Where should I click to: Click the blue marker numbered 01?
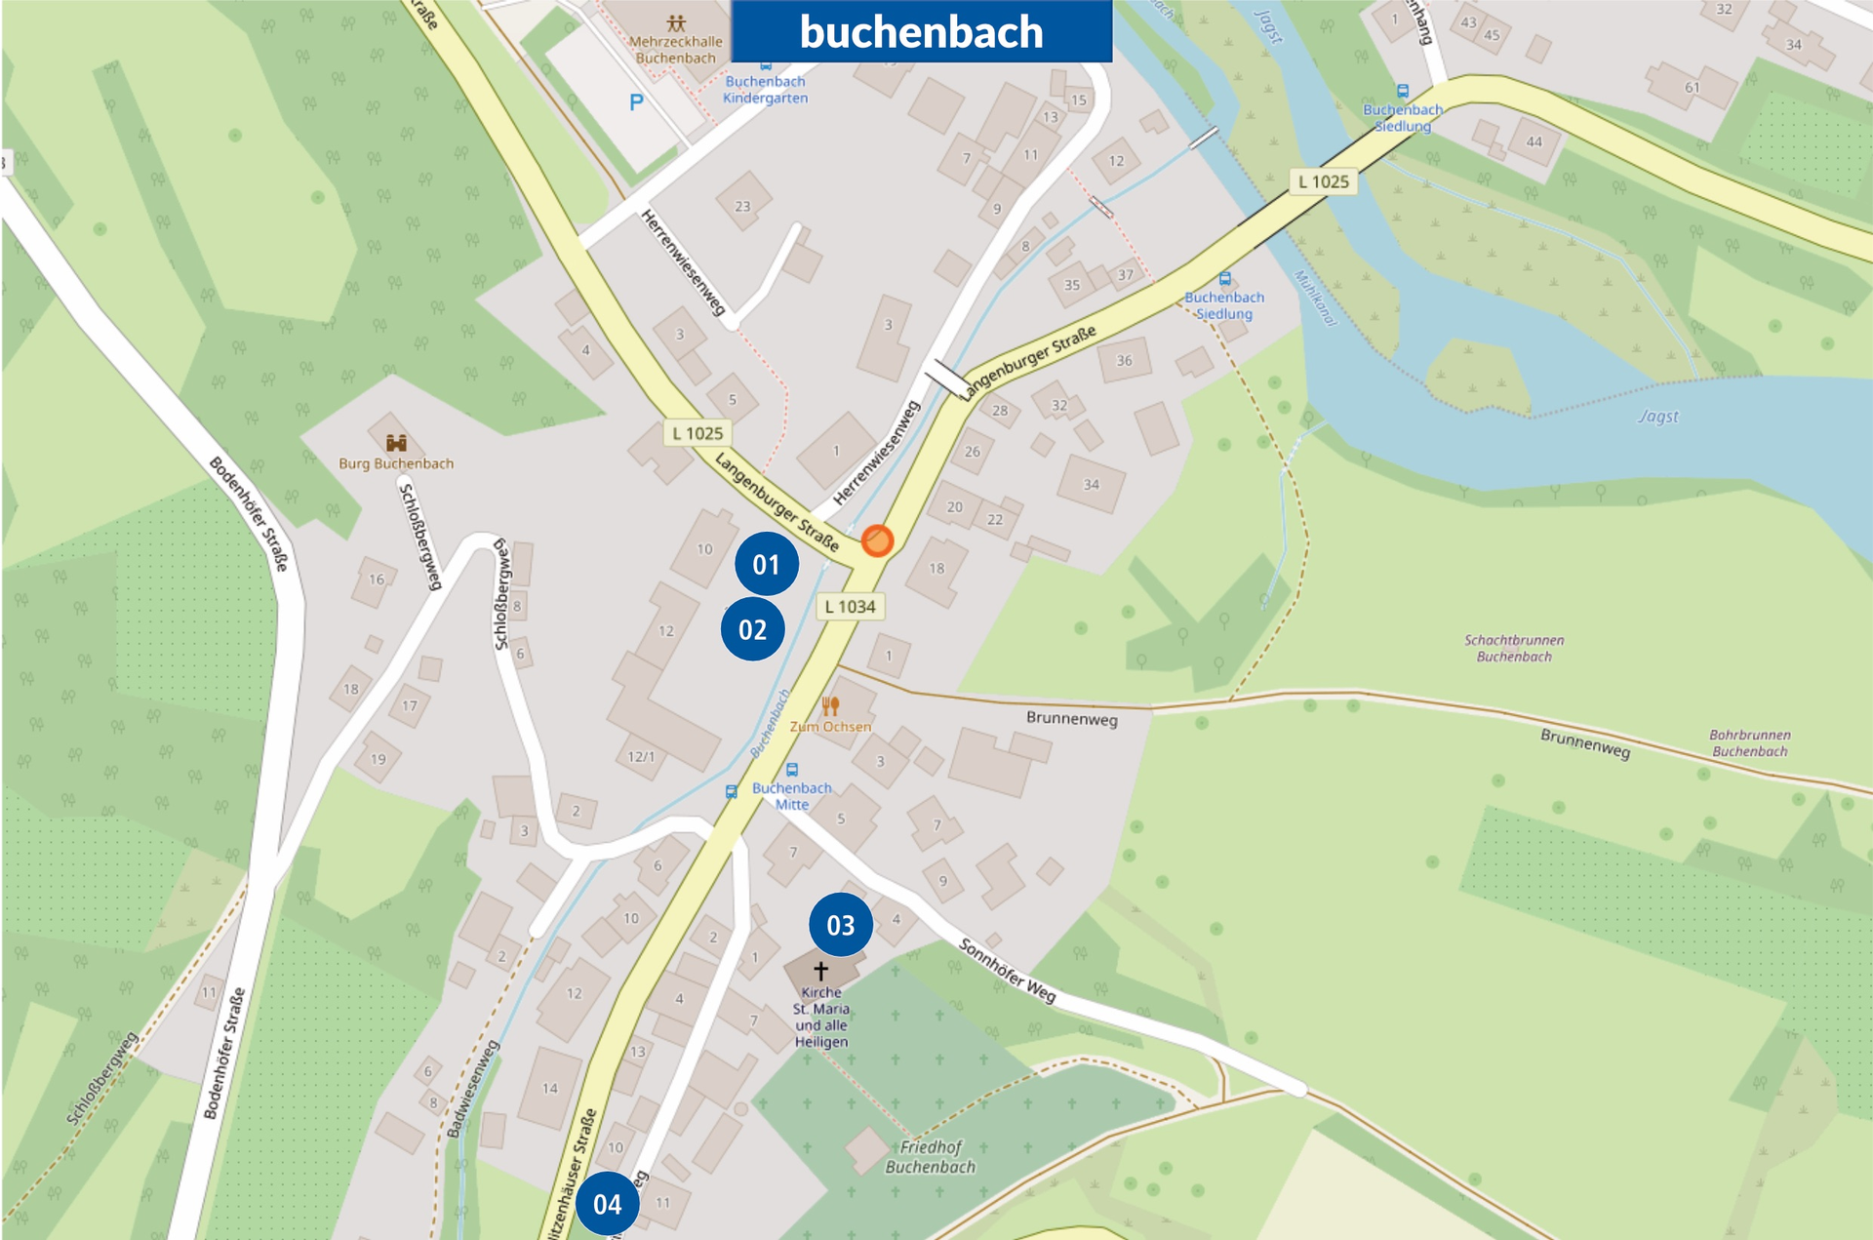pos(766,564)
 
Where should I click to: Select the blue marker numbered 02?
pos(752,629)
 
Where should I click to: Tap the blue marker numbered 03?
pos(840,925)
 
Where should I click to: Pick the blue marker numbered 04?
pos(607,1204)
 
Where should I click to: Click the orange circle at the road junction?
pos(877,540)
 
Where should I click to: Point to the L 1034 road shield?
pos(850,606)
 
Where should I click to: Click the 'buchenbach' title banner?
pos(921,31)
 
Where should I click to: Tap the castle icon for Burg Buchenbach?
pos(395,443)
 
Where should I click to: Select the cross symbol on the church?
pos(820,971)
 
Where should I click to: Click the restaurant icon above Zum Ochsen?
pos(830,706)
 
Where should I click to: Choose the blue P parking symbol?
pos(636,102)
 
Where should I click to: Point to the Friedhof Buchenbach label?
pos(930,1157)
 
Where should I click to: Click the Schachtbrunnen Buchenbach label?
pos(1514,649)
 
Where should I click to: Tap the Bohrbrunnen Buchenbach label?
pos(1749,743)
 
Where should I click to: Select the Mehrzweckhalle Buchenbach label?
pos(675,50)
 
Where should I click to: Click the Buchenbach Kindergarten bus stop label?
pos(765,90)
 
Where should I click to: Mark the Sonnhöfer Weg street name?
pos(1007,971)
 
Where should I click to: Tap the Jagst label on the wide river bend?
pos(1658,417)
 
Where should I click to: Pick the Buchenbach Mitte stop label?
pos(791,796)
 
